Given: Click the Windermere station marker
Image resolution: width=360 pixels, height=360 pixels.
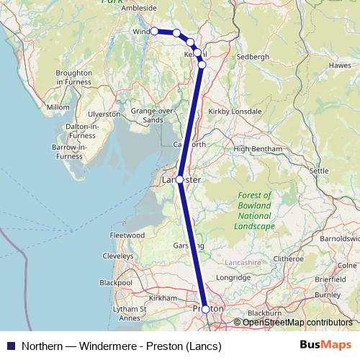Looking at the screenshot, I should pos(154,31).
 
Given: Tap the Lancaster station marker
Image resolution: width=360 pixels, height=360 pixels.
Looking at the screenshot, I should pos(179,179).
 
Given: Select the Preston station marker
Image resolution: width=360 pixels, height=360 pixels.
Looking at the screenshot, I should pos(206,309).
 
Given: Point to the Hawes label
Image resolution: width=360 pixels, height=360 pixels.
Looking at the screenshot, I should pos(339,66).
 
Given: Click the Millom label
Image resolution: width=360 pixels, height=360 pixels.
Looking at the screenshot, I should pos(57,107).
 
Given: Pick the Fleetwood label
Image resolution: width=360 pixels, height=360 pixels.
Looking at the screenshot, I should pos(127,235).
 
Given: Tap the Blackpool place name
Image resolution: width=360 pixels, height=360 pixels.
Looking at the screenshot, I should pos(115,283).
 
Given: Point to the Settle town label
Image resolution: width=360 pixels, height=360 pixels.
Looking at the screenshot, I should pos(319,171).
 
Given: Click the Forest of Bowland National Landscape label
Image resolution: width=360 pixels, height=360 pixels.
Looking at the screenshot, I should pos(255,211).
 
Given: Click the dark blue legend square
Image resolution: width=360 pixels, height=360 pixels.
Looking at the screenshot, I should pos(10,346).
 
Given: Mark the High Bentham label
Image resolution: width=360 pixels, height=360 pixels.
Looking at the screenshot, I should pos(256,148).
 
